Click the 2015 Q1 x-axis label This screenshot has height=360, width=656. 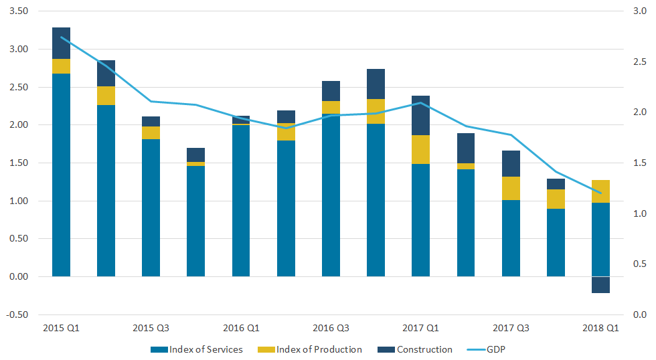coord(61,329)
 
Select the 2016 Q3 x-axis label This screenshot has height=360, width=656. coord(331,329)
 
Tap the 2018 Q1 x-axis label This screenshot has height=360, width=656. coord(600,329)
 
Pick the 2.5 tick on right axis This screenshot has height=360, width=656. coord(637,62)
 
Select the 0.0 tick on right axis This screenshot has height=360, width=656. coord(637,314)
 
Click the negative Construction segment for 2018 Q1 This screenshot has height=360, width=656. coord(600,284)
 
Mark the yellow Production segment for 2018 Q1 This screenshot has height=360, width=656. coord(600,191)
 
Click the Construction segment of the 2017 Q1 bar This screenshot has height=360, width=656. coord(420,115)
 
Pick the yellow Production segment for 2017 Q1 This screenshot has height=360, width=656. coord(420,149)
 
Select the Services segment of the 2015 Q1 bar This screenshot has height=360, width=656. coord(61,175)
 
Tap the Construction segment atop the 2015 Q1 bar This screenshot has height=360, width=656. coord(61,43)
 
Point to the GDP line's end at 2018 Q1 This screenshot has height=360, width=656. coord(600,193)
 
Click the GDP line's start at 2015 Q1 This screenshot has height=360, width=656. coord(61,37)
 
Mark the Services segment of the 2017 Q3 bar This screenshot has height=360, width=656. coord(511,238)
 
